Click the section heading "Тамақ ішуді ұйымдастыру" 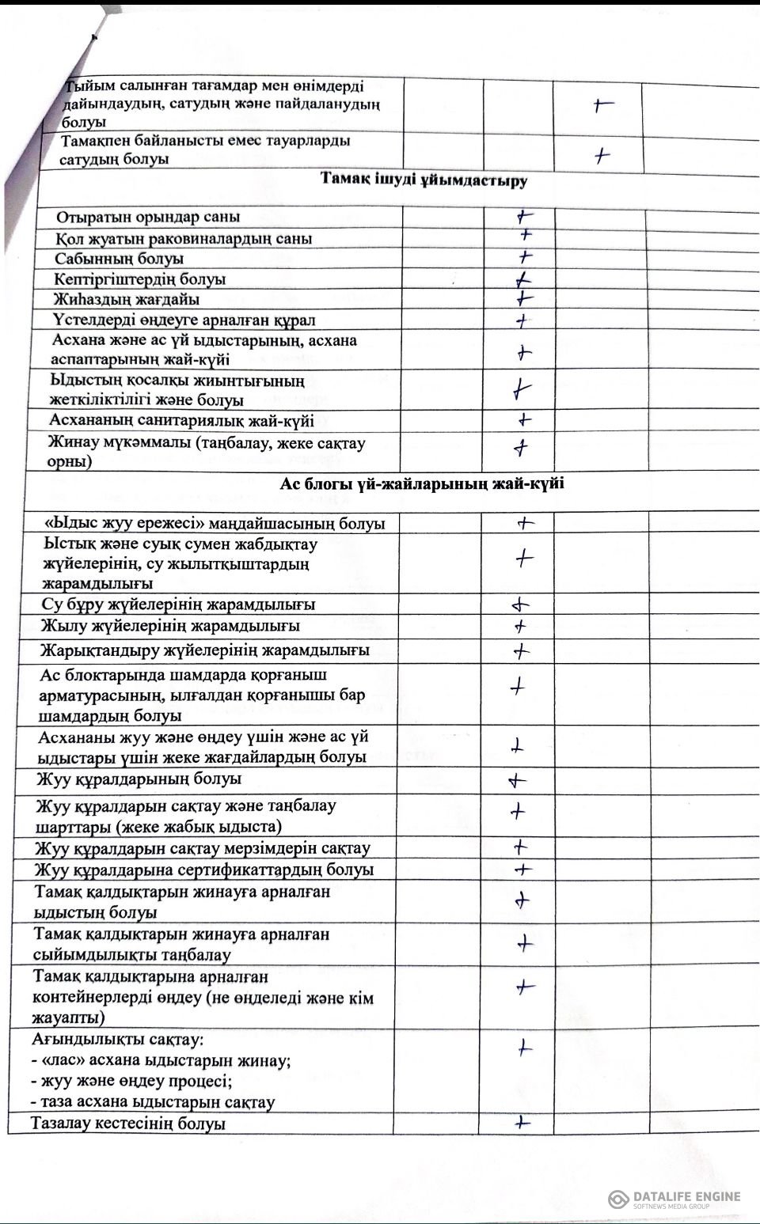[x=424, y=180]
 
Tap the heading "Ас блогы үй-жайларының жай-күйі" [x=422, y=484]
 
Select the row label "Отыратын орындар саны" [x=148, y=218]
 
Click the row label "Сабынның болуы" [x=120, y=259]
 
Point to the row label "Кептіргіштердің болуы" [x=140, y=279]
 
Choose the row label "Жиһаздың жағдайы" [x=126, y=300]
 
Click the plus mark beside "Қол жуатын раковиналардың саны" [x=526, y=235]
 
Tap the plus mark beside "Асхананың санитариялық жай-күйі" [x=523, y=420]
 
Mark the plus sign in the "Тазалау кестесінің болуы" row [x=521, y=1122]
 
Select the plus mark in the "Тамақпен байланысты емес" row [x=603, y=156]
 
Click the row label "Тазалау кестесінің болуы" [x=128, y=1124]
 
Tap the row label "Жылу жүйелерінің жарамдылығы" [x=170, y=626]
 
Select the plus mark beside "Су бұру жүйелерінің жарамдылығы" [x=519, y=606]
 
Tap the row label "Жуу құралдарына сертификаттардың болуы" [x=204, y=870]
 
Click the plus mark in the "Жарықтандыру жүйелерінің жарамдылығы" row [x=521, y=652]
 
